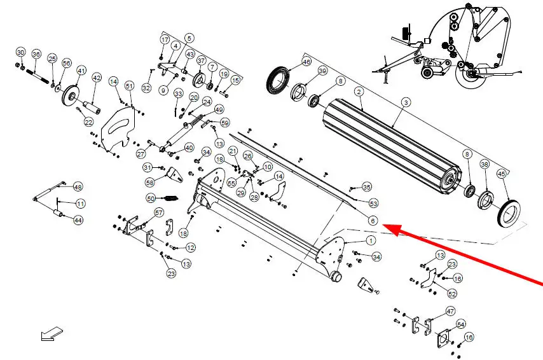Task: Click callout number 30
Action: (x=20, y=52)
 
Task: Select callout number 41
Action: (x=81, y=70)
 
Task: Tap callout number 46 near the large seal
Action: (x=306, y=62)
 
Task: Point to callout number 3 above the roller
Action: (x=406, y=102)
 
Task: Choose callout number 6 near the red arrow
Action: (x=373, y=221)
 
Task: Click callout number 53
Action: (x=373, y=204)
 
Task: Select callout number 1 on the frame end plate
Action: (x=370, y=240)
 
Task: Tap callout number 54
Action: (x=460, y=324)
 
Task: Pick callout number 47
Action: (x=450, y=311)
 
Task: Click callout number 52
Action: (x=452, y=294)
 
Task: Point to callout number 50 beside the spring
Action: (x=151, y=198)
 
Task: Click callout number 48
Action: (x=78, y=187)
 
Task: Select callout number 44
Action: (x=78, y=220)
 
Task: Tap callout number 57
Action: (x=159, y=212)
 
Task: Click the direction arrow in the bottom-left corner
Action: (x=52, y=333)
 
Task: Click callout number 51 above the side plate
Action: (x=129, y=85)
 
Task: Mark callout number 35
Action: (x=366, y=187)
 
